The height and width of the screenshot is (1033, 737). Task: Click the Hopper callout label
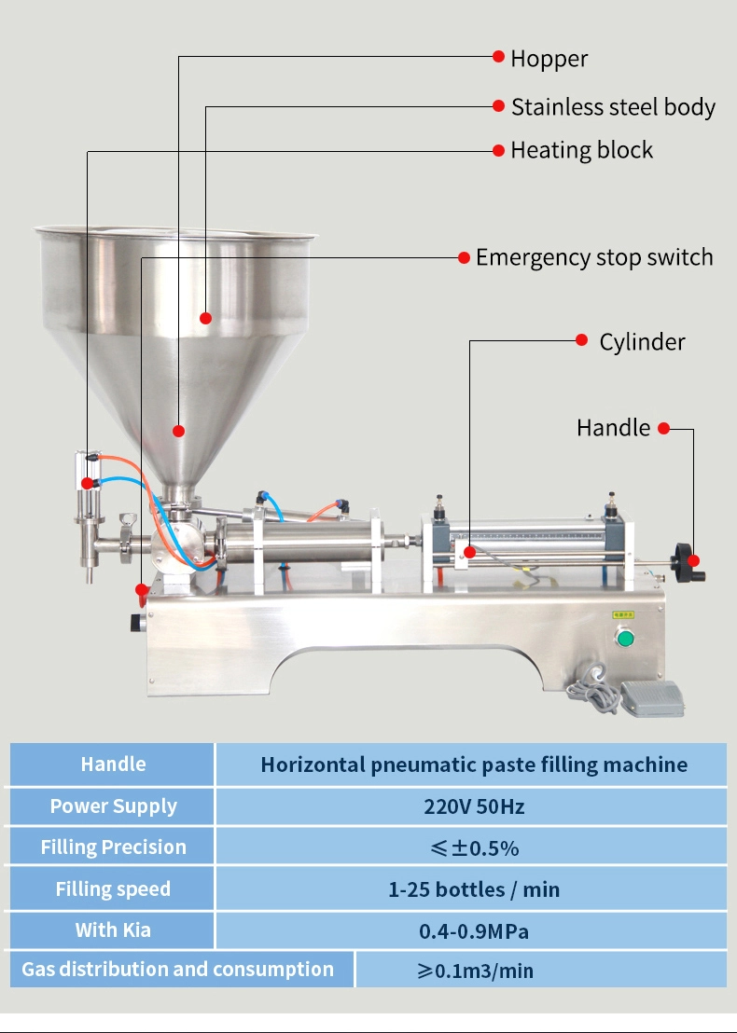(x=549, y=59)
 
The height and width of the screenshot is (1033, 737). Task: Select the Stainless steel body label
(x=613, y=107)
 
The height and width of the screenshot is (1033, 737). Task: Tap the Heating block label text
(x=581, y=150)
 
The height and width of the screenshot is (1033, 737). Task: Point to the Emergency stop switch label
(x=594, y=257)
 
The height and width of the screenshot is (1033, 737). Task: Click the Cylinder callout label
(x=642, y=342)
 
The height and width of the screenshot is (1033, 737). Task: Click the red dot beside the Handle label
(x=664, y=429)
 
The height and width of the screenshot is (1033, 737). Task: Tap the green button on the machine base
(x=624, y=639)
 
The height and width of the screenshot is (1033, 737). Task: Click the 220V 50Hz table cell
(x=474, y=806)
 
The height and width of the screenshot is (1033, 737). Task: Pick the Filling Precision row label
(x=113, y=847)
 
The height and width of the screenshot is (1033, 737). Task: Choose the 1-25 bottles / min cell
(x=474, y=889)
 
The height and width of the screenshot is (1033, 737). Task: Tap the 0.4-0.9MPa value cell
(x=474, y=930)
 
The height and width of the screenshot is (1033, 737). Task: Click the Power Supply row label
(x=113, y=806)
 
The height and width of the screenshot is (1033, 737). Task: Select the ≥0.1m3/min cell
(x=475, y=971)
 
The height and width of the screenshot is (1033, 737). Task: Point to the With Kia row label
(x=113, y=930)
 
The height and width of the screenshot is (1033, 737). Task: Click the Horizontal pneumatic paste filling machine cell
(x=474, y=765)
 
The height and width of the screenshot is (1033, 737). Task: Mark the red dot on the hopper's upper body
(x=206, y=318)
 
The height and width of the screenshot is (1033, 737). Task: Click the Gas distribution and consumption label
(x=177, y=970)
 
